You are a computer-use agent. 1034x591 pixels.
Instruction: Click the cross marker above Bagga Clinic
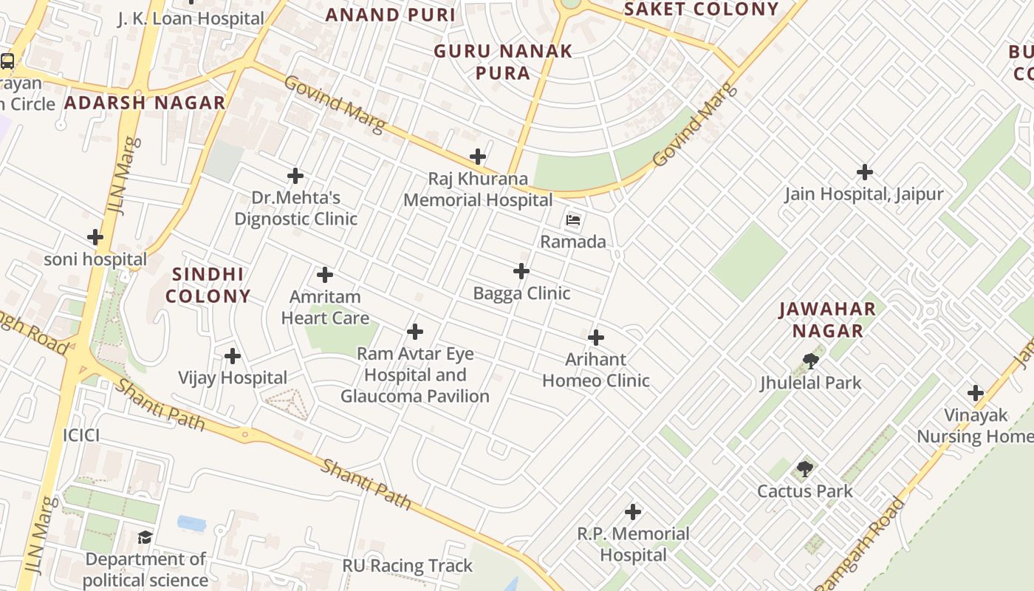coord(521,271)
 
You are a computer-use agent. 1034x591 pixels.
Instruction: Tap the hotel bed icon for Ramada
coord(573,220)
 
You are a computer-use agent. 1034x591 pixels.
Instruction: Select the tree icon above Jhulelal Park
coord(810,361)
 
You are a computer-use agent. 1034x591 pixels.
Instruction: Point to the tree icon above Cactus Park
coord(805,469)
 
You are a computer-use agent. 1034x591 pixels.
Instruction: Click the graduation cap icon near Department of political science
coord(145,537)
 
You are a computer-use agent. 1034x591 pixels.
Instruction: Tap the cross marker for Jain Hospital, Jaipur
coord(865,172)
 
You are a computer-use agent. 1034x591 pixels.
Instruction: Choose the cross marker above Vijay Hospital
coord(233,356)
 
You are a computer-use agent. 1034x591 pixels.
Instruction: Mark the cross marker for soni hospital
coord(95,237)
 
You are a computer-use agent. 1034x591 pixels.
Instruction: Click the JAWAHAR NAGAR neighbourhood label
coord(827,320)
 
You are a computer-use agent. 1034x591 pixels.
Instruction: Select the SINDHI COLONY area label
coord(208,285)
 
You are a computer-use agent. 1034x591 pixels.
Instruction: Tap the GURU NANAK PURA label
coord(503,62)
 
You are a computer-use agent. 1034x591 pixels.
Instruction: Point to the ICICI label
coord(81,435)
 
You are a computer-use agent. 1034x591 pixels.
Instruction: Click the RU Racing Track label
coord(407,566)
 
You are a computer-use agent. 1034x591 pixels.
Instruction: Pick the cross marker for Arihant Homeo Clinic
coord(596,338)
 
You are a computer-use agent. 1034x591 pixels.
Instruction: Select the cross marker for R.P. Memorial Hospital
coord(633,511)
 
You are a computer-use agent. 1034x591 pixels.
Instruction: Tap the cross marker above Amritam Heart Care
coord(325,275)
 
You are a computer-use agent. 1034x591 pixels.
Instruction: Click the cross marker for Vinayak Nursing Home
coord(976,393)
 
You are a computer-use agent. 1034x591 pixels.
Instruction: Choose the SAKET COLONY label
coord(701,10)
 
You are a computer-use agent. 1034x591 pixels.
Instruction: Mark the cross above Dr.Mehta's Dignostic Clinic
coord(295,176)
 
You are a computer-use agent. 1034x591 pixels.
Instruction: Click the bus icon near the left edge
coord(7,61)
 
